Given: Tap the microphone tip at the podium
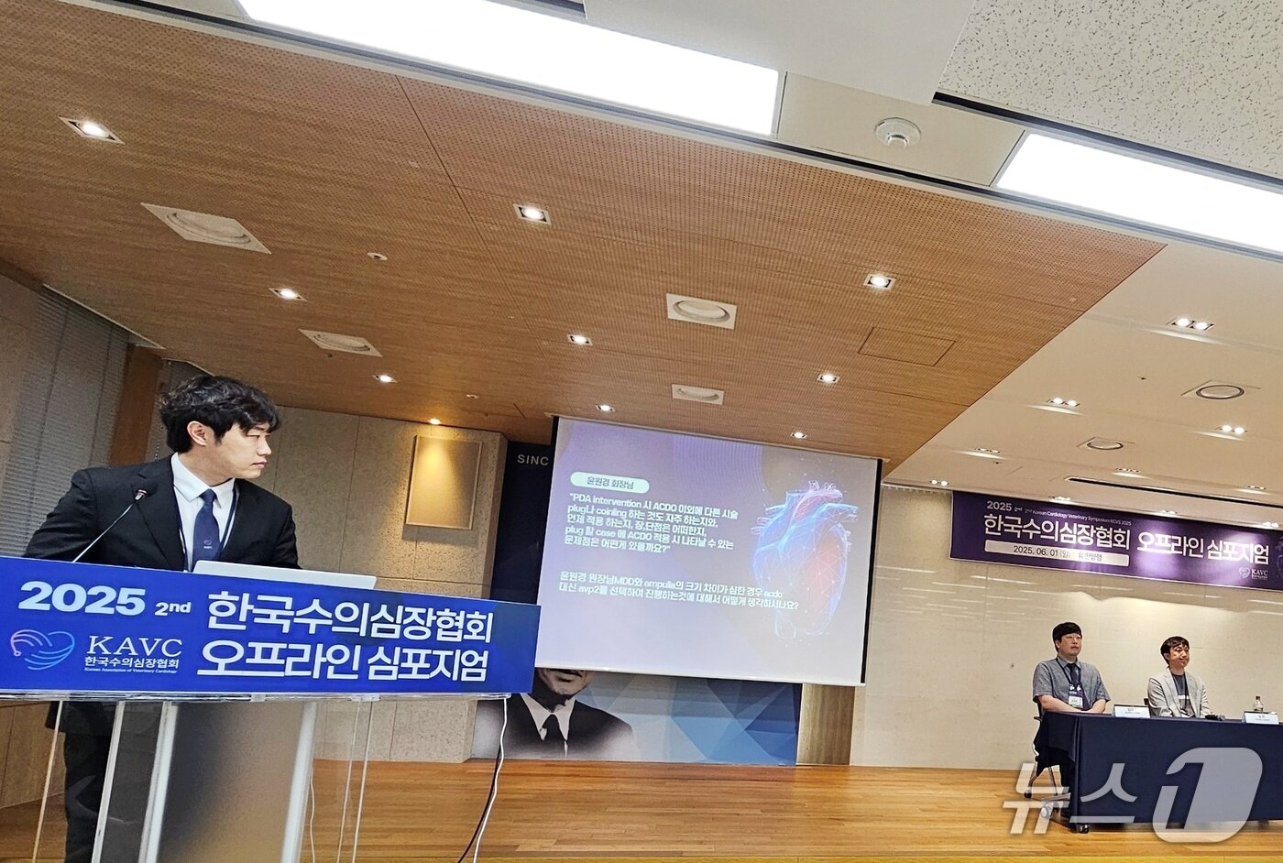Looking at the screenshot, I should (140, 494).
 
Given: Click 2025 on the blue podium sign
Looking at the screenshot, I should (82, 598).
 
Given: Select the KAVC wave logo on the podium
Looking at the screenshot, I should (42, 648).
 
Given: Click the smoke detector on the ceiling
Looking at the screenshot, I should (896, 132).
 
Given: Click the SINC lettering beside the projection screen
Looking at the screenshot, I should (532, 460).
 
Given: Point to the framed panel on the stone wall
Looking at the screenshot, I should (444, 482).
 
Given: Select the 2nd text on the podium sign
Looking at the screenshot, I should (169, 606).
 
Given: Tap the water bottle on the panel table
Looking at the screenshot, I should (1257, 705).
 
